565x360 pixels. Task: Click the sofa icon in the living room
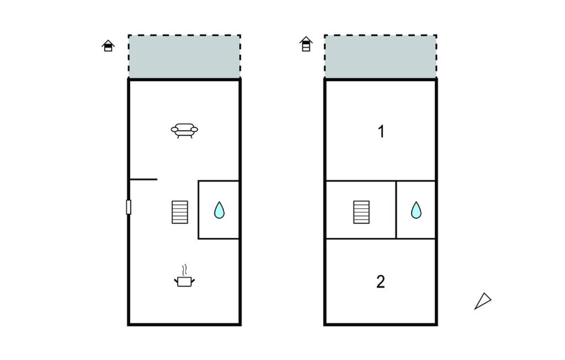184,130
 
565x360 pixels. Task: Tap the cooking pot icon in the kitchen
184,281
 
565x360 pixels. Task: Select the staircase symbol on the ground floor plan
180,212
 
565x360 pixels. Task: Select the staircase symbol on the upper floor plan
361,212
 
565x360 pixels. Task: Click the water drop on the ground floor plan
219,210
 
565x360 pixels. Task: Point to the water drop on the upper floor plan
416,210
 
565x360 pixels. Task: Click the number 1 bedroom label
381,131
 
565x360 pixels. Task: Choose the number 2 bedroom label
381,282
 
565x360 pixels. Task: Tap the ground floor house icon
108,46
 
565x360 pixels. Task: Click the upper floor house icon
306,44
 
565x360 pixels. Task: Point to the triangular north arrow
482,301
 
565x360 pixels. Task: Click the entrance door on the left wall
129,207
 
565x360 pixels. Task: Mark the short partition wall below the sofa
143,179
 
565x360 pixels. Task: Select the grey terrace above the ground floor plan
184,56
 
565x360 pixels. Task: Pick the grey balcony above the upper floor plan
381,56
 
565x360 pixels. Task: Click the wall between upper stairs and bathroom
396,210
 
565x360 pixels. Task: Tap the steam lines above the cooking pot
184,270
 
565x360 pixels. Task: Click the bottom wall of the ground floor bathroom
218,239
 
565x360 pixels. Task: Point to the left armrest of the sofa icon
175,130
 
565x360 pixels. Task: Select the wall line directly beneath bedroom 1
381,181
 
